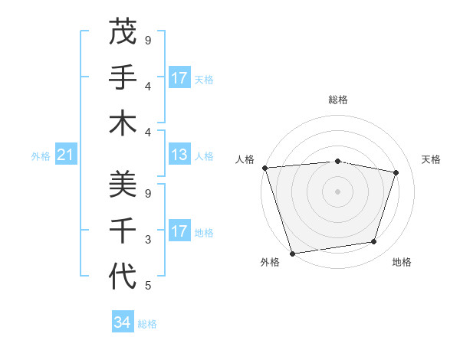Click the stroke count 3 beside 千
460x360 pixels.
click(148, 240)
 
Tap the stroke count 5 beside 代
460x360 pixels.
click(148, 286)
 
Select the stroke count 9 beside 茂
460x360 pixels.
click(148, 40)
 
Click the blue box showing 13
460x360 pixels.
click(179, 155)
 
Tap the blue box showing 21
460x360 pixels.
click(66, 155)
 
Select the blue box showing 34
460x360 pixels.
click(123, 322)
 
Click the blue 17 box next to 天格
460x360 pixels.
click(179, 78)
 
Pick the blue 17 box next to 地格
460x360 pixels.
click(179, 231)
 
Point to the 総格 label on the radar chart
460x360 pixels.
click(338, 100)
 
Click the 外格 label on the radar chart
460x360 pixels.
click(270, 262)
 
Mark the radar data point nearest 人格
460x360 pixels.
click(264, 168)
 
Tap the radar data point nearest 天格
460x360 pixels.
click(396, 172)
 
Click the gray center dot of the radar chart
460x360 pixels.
click(337, 191)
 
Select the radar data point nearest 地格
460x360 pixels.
click(374, 242)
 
